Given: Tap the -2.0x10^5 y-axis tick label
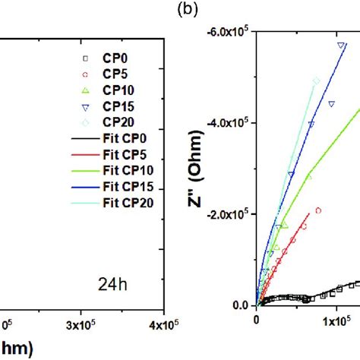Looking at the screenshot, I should tap(231, 214).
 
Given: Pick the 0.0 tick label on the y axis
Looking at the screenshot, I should tap(242, 305).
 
